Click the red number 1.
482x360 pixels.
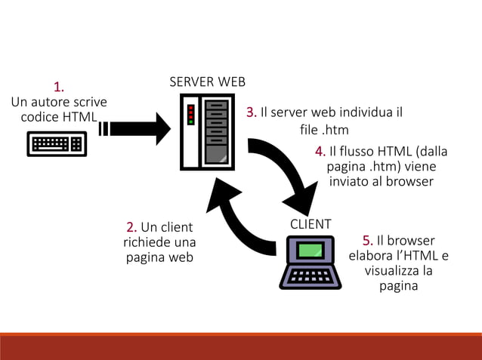58,85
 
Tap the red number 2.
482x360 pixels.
131,227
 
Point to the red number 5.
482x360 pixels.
367,241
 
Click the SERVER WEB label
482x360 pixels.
207,82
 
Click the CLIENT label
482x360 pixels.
311,224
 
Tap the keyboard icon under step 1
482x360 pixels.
57,143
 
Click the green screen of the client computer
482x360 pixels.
311,249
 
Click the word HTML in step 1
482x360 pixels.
79,117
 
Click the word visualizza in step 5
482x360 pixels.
391,271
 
